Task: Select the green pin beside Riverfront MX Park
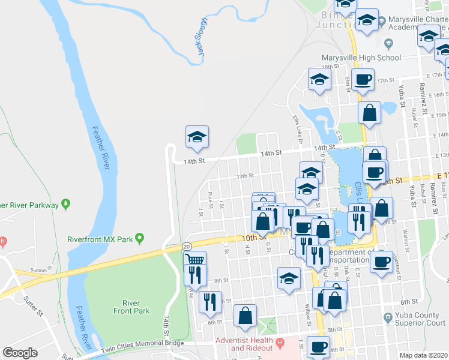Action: point(140,239)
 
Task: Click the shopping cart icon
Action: point(195,260)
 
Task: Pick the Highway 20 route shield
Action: point(187,247)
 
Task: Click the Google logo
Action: point(20,353)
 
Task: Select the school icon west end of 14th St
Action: point(197,137)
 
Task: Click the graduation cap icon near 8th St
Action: point(288,278)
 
